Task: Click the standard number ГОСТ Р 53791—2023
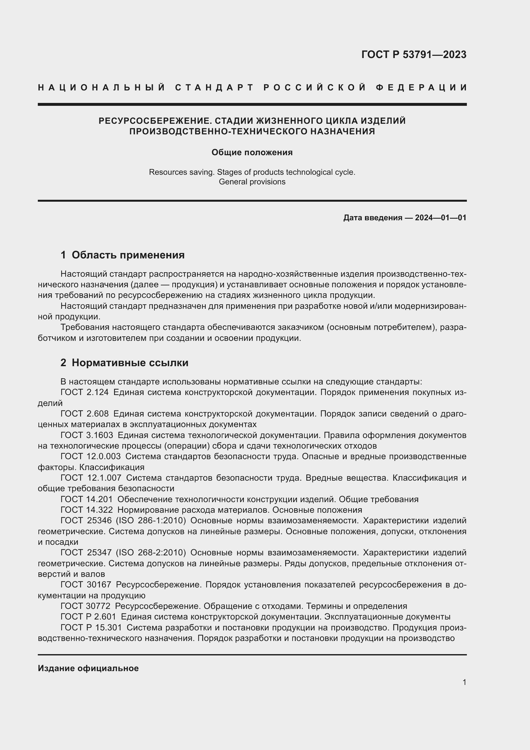413,55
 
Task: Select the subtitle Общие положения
252,152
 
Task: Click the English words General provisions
252,181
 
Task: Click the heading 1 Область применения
123,255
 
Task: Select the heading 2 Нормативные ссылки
124,363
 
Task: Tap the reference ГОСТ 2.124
85,392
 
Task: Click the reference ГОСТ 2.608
85,414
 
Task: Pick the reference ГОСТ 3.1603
87,435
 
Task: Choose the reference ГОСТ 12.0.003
90,456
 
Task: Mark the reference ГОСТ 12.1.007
91,478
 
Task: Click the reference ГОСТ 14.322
87,510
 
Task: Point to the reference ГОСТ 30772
86,606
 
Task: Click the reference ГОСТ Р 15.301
91,628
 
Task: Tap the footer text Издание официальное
88,668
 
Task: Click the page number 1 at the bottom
464,682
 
